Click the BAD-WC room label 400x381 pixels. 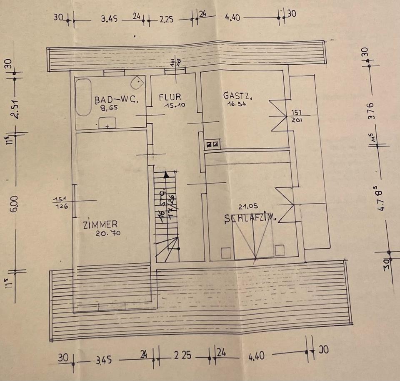pyautogui.click(x=116, y=100)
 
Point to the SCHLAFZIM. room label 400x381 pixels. pyautogui.click(x=251, y=218)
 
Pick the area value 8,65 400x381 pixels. pyautogui.click(x=110, y=108)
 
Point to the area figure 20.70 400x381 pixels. pyautogui.click(x=108, y=233)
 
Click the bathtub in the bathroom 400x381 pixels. pyautogui.click(x=83, y=97)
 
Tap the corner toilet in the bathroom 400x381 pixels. pyautogui.click(x=137, y=83)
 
